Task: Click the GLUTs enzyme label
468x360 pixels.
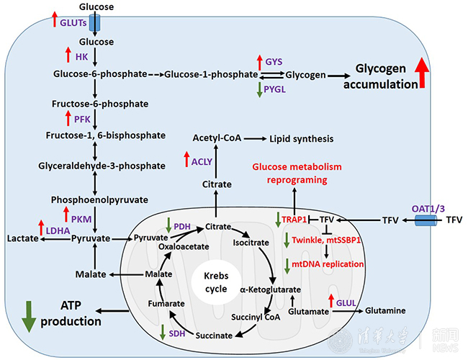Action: point(74,22)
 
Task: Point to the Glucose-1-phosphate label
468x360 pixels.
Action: point(211,73)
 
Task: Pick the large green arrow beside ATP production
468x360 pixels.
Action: point(29,315)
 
